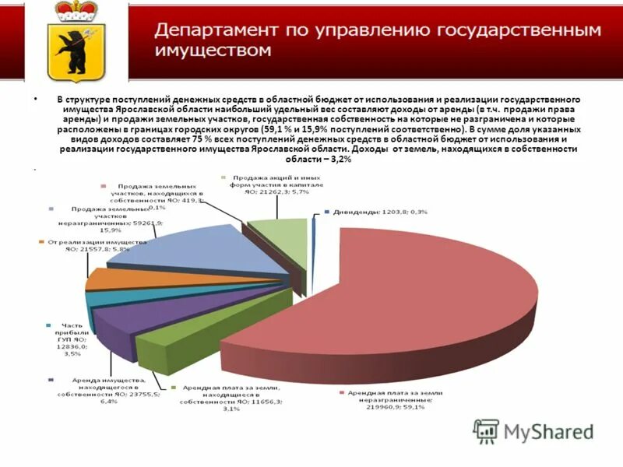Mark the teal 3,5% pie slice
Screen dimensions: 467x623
pos(97,299)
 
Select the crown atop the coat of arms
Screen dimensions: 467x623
pos(76,10)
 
